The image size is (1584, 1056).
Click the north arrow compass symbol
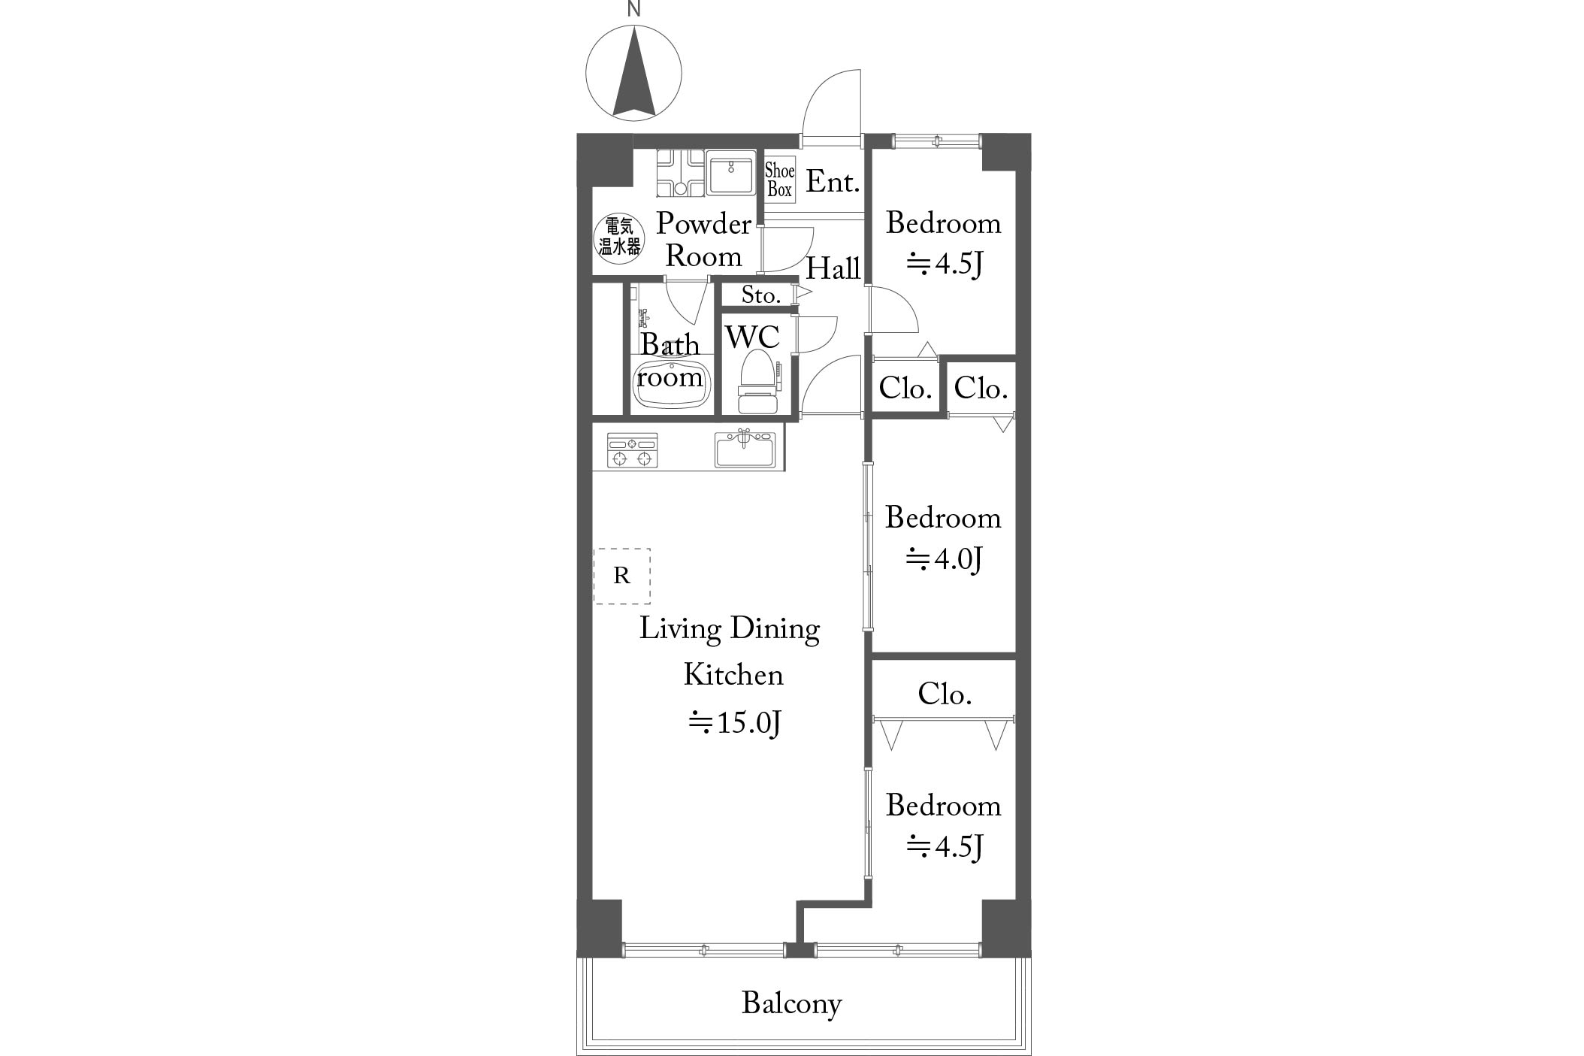pyautogui.click(x=633, y=74)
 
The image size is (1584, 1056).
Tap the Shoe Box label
pyautogui.click(x=779, y=180)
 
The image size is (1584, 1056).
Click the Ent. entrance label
pyautogui.click(x=833, y=182)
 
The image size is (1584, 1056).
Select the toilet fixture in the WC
pyautogui.click(x=758, y=382)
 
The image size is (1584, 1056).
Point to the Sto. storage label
pyautogui.click(x=760, y=295)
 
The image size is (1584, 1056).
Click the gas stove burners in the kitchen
pyautogui.click(x=632, y=450)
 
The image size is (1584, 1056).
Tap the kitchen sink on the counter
pyautogui.click(x=745, y=449)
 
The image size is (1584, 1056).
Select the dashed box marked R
pyautogui.click(x=621, y=576)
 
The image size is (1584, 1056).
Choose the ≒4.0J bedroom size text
pyautogui.click(x=944, y=559)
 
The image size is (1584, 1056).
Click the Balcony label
pyautogui.click(x=791, y=1004)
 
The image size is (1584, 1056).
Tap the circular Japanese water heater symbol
pyautogui.click(x=619, y=236)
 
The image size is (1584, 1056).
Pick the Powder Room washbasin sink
pyautogui.click(x=730, y=173)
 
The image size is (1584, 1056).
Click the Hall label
pyautogui.click(x=833, y=268)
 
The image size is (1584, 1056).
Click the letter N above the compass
pyautogui.click(x=634, y=9)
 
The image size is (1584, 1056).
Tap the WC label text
pyautogui.click(x=752, y=337)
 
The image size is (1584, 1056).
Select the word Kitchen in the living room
pyautogui.click(x=733, y=675)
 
